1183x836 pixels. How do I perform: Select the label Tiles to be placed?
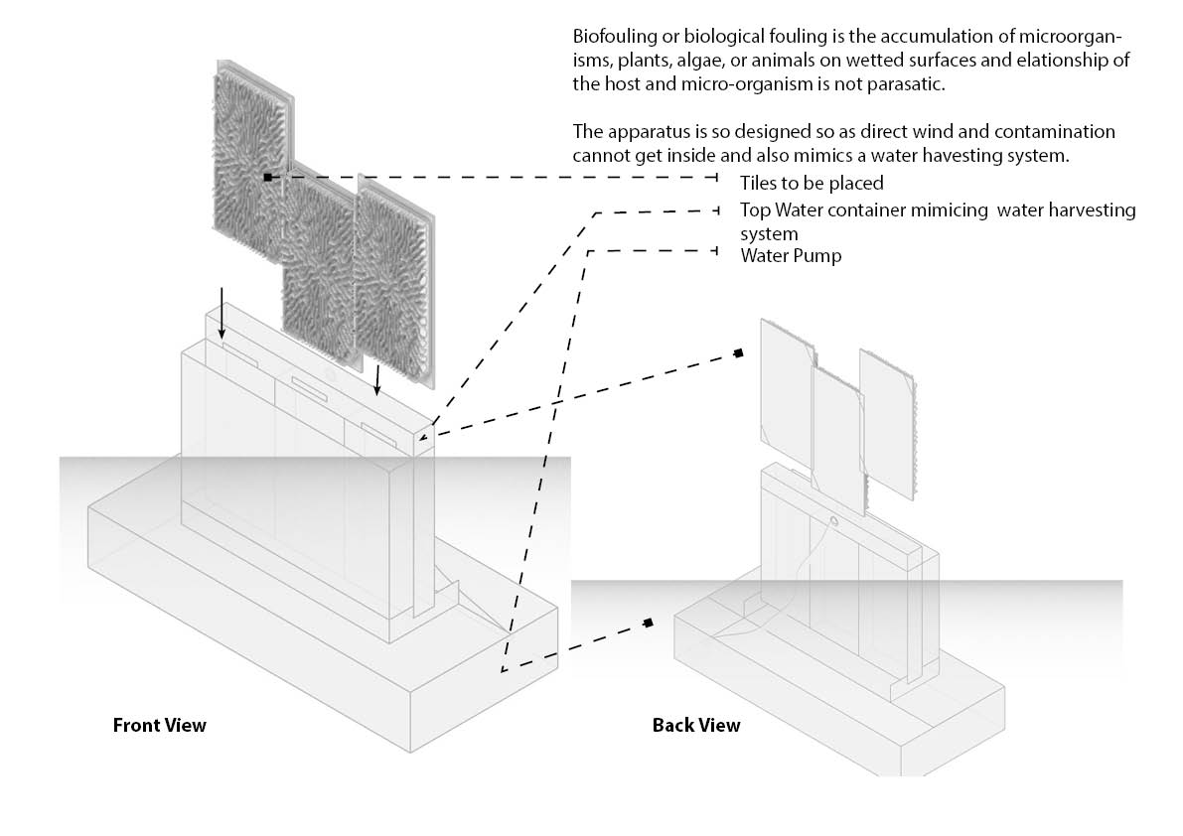[x=811, y=184]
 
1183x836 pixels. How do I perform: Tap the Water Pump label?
[x=791, y=256]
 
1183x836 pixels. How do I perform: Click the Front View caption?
[x=159, y=725]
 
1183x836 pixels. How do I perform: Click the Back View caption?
[x=695, y=725]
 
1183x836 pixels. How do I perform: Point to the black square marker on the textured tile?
[x=267, y=177]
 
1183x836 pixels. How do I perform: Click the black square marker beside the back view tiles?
[x=739, y=352]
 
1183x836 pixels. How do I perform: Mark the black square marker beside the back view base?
[x=648, y=623]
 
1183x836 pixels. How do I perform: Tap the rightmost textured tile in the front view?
[x=393, y=278]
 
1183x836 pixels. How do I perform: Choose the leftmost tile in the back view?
[x=786, y=382]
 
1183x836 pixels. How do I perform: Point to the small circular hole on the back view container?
[x=833, y=520]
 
